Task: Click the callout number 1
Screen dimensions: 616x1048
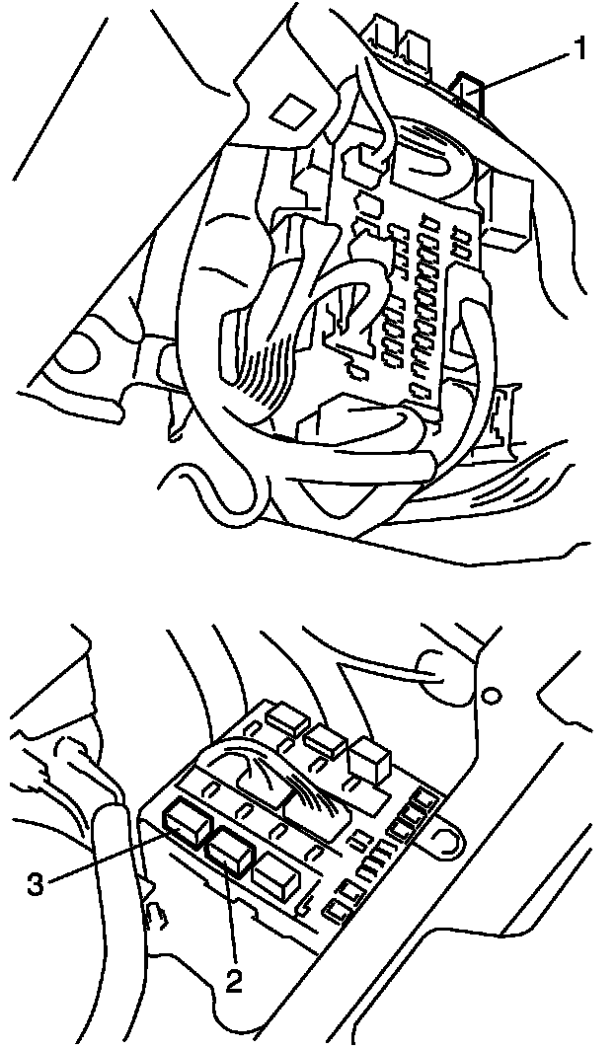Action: (x=581, y=48)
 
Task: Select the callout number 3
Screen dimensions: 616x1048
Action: (x=36, y=884)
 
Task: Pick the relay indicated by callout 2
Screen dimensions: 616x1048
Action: (x=229, y=850)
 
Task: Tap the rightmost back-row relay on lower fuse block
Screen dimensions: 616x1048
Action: (x=366, y=758)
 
